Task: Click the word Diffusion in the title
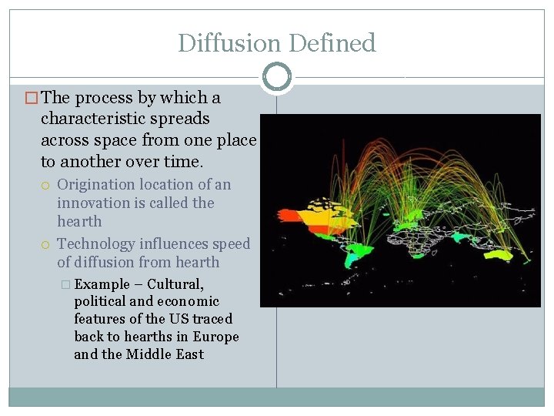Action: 225,43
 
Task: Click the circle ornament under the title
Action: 277,76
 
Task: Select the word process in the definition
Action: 105,99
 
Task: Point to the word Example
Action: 102,284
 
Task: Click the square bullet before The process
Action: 32,99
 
